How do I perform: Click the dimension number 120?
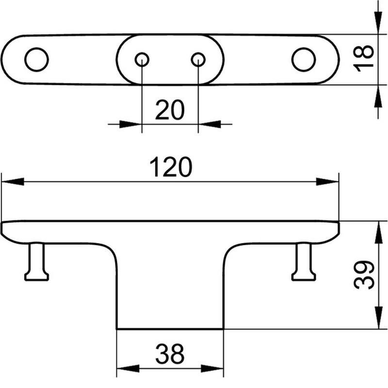point(171,167)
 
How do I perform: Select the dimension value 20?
point(170,110)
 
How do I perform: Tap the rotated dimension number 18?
point(363,58)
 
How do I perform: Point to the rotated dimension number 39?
point(363,275)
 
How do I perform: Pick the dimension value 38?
point(170,354)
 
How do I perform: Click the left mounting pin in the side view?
point(37,262)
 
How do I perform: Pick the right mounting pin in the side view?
point(304,262)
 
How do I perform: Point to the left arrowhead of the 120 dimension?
point(13,181)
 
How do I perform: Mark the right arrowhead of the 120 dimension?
point(327,181)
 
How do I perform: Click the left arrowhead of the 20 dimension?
point(130,124)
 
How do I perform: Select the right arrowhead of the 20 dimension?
point(210,124)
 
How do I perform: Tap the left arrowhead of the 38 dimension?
point(128,369)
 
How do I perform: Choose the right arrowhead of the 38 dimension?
point(212,369)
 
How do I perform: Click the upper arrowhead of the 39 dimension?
point(378,233)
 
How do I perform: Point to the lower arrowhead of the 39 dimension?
point(378,318)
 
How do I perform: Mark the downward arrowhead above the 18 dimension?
point(378,23)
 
